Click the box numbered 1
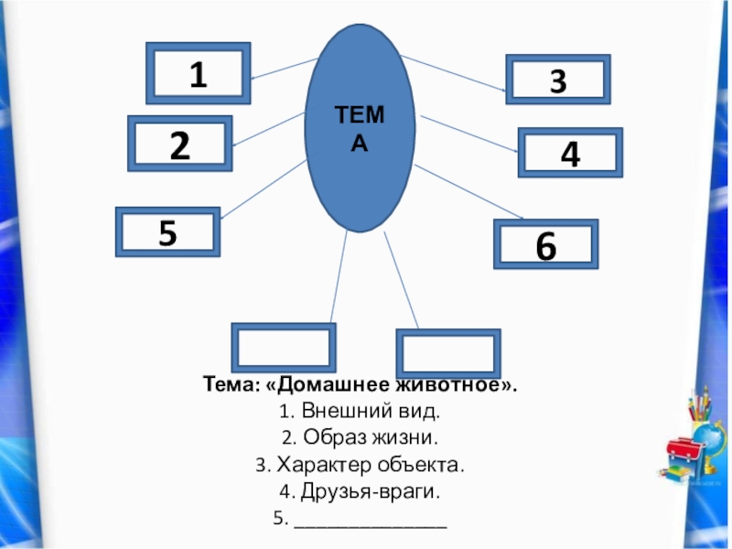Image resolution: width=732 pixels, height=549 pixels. pyautogui.click(x=198, y=73)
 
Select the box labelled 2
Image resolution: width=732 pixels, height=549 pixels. pyautogui.click(x=180, y=145)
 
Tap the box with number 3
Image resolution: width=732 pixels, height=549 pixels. pyautogui.click(x=557, y=81)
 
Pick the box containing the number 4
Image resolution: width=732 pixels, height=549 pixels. pyautogui.click(x=570, y=153)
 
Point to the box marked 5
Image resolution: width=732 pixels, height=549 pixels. pyautogui.click(x=167, y=232)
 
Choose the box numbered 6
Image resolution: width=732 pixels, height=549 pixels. pyautogui.click(x=545, y=244)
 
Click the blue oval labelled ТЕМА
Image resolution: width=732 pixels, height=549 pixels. pyautogui.click(x=360, y=128)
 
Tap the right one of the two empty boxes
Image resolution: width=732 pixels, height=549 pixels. pyautogui.click(x=447, y=354)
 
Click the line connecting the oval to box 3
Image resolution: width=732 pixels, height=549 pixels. pyautogui.click(x=453, y=72)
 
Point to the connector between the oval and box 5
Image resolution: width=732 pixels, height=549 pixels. pyautogui.click(x=264, y=188)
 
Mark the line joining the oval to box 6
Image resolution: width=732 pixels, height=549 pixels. pyautogui.click(x=467, y=193)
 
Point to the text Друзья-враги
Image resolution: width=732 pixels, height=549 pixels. pyautogui.click(x=366, y=492)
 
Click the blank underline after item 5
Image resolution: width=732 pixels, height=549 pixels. pyautogui.click(x=370, y=523)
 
